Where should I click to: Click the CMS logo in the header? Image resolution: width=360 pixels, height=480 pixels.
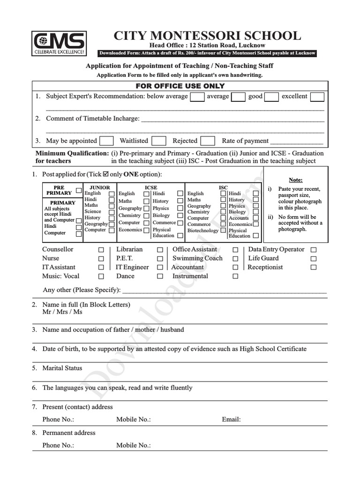click(59, 43)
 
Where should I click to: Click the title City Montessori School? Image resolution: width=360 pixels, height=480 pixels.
click(207, 36)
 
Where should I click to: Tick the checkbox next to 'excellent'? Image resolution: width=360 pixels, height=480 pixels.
click(317, 97)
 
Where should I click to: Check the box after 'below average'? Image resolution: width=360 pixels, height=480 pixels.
click(197, 97)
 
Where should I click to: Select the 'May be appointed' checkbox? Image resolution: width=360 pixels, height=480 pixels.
click(106, 141)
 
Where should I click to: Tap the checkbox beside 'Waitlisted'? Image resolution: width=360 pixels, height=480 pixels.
click(159, 141)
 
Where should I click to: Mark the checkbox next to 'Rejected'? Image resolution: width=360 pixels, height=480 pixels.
click(208, 141)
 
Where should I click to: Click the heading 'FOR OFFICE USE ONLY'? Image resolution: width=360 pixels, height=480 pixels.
click(180, 86)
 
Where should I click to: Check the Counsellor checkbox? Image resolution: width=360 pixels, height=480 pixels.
click(101, 250)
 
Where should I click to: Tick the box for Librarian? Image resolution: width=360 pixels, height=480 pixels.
click(160, 250)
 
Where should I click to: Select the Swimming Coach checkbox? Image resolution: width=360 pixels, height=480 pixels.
click(235, 259)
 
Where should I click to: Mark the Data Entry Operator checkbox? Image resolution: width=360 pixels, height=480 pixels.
click(314, 250)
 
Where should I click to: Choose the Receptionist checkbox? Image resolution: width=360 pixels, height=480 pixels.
click(314, 268)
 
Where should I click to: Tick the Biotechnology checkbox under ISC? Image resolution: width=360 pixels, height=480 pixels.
click(223, 231)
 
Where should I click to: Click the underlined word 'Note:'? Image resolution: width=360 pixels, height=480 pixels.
click(295, 180)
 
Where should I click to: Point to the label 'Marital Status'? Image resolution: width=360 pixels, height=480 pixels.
click(62, 368)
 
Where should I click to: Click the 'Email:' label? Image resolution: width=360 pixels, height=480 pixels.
click(231, 420)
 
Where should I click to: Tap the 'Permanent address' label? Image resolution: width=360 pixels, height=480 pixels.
click(68, 433)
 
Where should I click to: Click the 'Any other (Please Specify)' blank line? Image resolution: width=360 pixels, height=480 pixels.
click(224, 292)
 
